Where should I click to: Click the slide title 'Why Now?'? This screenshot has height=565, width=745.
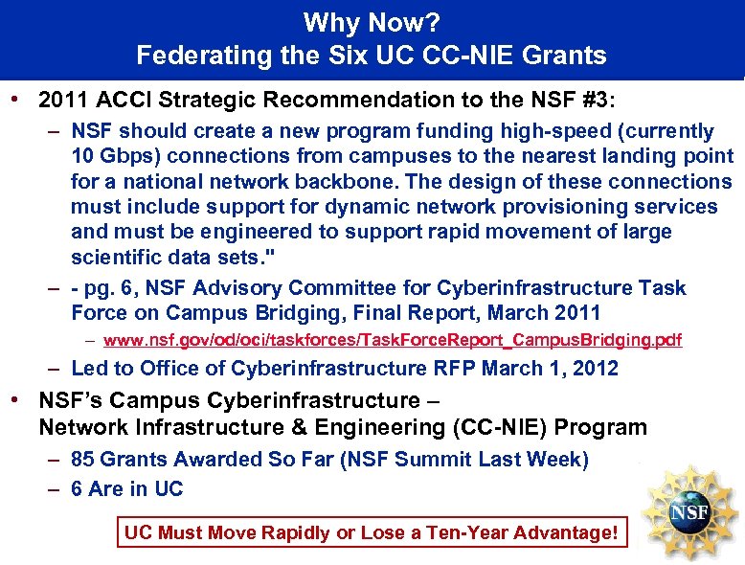(x=372, y=21)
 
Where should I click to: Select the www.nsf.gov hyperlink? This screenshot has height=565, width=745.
(x=393, y=340)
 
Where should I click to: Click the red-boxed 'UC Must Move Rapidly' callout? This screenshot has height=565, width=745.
(x=372, y=532)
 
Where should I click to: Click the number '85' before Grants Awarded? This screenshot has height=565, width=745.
(x=84, y=460)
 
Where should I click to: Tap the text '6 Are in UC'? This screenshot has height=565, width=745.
(x=126, y=488)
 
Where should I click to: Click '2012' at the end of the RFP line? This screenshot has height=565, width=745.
(x=596, y=369)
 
